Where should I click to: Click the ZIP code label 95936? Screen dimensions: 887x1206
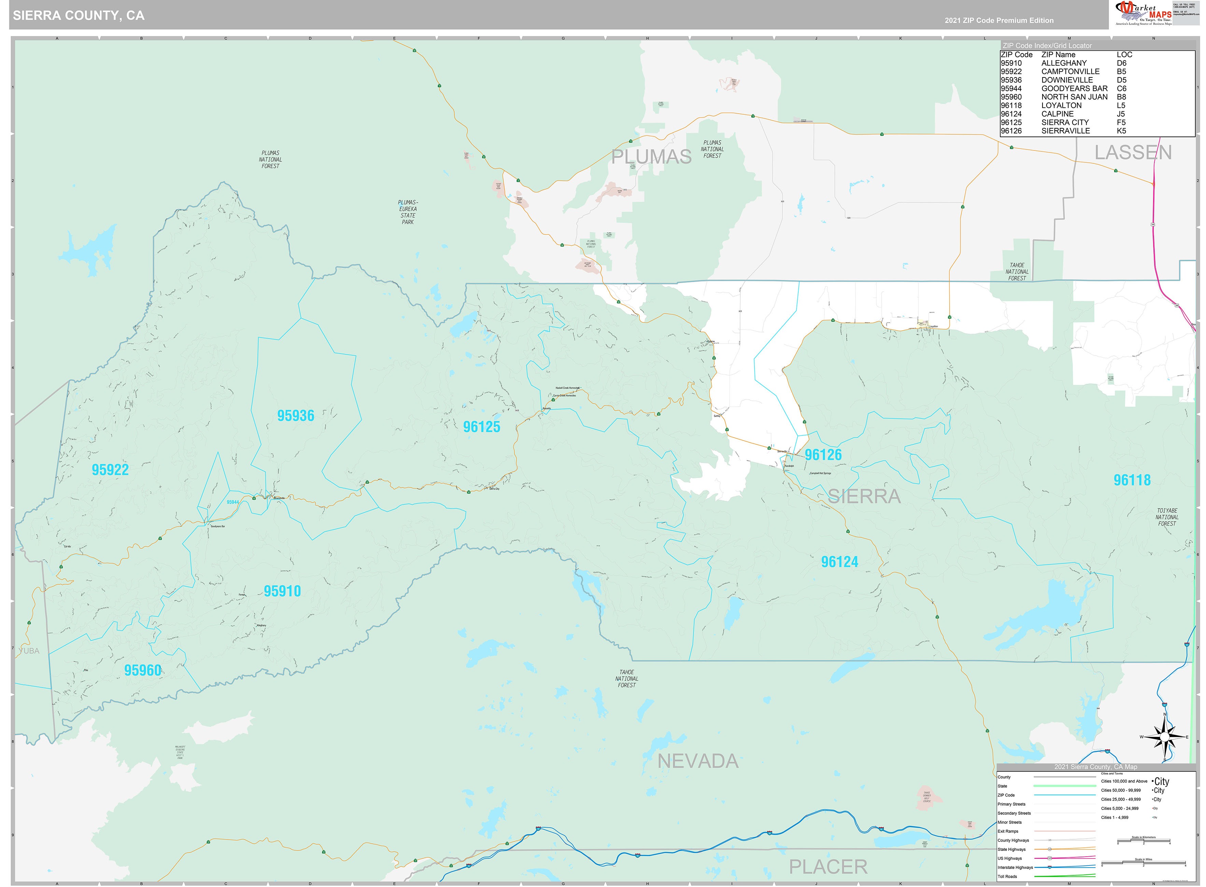coord(296,416)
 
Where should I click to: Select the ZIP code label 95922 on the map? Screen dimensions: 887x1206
coord(110,470)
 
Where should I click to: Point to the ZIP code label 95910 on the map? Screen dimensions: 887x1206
coord(282,591)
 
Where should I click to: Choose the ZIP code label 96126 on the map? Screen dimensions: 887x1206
coord(823,455)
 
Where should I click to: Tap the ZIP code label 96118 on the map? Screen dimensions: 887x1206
coord(1132,480)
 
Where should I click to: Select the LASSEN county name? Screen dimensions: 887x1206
coord(1133,152)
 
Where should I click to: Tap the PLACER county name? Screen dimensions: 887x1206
coord(828,867)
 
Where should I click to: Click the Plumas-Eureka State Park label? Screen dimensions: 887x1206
coord(408,212)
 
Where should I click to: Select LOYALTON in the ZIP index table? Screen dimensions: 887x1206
coord(1061,105)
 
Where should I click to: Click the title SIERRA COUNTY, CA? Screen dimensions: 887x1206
coord(79,16)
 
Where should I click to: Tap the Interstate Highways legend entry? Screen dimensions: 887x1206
coord(1015,867)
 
